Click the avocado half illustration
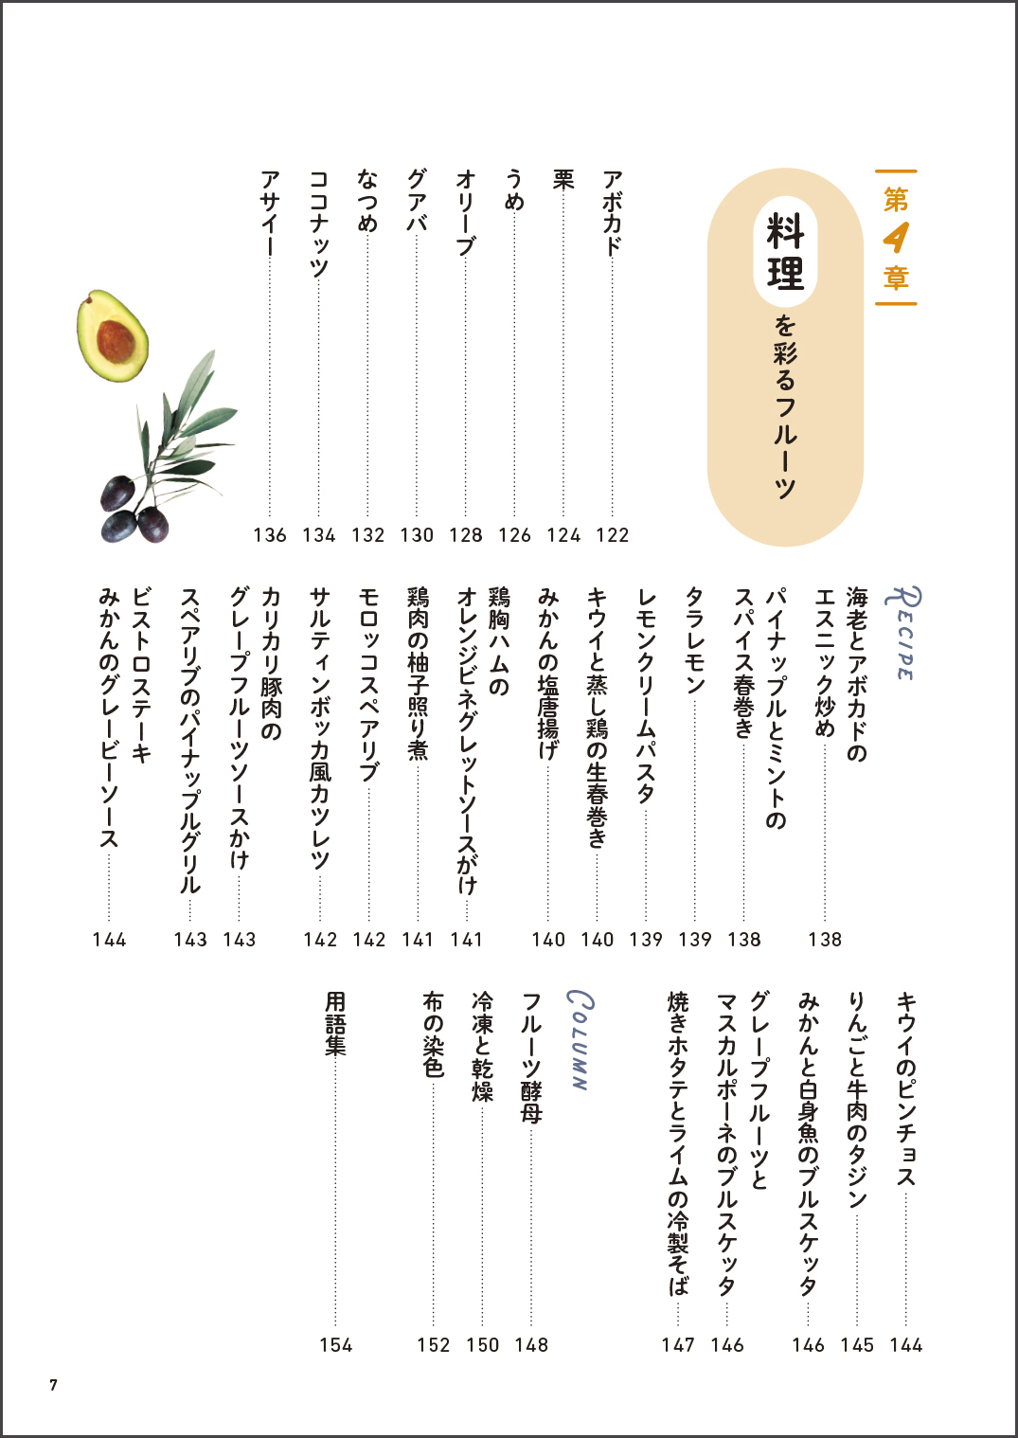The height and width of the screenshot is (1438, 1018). click(113, 336)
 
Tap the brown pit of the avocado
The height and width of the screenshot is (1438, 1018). click(116, 342)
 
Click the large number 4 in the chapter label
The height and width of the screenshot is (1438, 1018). click(896, 238)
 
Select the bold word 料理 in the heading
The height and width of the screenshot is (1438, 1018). click(786, 251)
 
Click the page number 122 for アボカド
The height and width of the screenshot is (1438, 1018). click(613, 535)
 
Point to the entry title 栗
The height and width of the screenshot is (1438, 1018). click(563, 180)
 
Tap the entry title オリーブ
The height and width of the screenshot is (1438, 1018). click(466, 212)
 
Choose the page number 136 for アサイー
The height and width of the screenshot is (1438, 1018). click(270, 535)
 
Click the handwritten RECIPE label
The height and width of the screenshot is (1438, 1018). click(902, 632)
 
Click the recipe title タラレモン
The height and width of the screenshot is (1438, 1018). click(695, 641)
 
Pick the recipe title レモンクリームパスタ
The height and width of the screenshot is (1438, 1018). click(646, 696)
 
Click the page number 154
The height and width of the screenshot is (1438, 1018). click(336, 1345)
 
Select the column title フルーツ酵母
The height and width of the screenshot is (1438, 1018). click(531, 1057)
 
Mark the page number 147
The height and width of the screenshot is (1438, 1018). click(678, 1345)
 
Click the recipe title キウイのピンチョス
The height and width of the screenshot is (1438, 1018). click(906, 1088)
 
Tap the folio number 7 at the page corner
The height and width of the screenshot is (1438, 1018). click(54, 1385)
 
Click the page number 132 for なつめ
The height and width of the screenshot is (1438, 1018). click(368, 535)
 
